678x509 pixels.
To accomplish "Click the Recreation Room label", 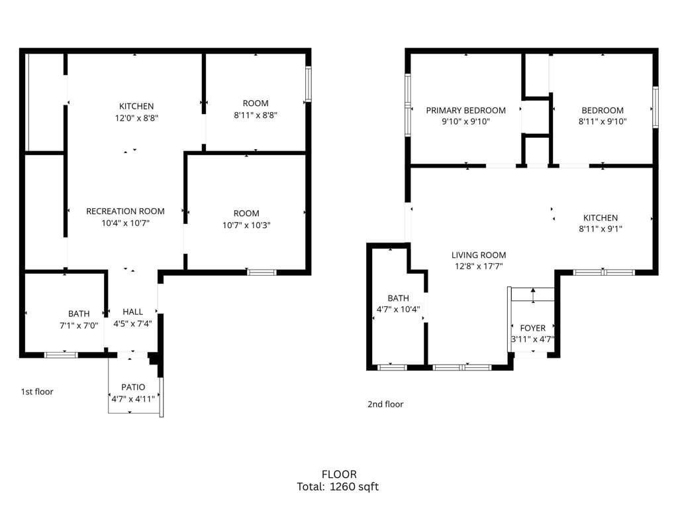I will tap(125, 211).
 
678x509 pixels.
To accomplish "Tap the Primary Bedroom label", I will tap(465, 110).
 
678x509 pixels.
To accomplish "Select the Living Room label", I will tap(478, 255).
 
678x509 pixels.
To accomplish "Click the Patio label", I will tap(132, 387).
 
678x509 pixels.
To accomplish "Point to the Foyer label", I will tap(532, 328).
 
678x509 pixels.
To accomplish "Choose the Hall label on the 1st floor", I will tap(132, 311).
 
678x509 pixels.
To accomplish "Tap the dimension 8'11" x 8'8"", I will tap(255, 115).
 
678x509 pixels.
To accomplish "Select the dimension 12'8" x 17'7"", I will tap(478, 266).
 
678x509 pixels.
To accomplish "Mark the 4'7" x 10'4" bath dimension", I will tap(398, 310).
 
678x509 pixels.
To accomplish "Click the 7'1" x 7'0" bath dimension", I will tap(78, 325).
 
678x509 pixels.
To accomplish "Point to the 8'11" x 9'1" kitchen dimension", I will tap(600, 229).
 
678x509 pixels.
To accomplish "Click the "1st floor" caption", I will tap(37, 392).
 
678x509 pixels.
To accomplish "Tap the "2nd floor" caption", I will tap(385, 404).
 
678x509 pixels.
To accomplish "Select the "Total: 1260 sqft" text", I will tap(338, 486).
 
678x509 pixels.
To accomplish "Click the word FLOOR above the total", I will tap(338, 474).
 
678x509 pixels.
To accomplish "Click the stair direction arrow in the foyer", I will tap(533, 296).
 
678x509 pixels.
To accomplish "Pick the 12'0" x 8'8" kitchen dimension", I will tap(136, 117).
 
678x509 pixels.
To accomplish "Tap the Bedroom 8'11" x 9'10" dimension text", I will tap(603, 121).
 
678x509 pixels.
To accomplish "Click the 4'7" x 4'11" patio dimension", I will tap(132, 398).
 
